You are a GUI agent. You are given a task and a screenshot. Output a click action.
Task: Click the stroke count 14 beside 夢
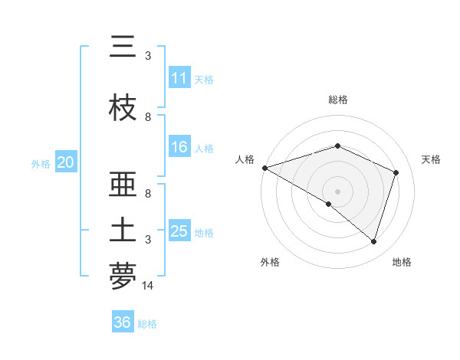tap(148, 285)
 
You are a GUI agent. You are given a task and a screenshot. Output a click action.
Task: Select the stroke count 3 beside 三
tap(148, 56)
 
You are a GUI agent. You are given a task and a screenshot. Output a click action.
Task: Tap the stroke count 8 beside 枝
tap(148, 117)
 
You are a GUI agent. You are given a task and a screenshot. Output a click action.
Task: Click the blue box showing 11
tap(179, 78)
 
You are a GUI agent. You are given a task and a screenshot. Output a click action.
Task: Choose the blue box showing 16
tap(179, 147)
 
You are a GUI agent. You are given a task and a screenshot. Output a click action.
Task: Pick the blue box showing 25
tap(179, 231)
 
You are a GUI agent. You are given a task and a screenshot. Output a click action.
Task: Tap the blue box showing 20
tap(65, 162)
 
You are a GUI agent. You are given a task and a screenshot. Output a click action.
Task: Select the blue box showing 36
tap(122, 322)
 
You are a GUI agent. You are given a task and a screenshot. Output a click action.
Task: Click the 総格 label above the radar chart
tap(338, 100)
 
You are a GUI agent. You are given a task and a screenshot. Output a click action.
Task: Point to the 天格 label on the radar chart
tap(431, 159)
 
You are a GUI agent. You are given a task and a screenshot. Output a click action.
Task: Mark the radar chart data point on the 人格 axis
tap(264, 168)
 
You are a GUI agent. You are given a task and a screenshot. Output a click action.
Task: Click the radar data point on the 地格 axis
tap(373, 242)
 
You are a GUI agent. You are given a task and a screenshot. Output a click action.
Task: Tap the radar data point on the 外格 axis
tap(329, 205)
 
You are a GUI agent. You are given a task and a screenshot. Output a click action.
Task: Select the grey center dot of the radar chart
tap(337, 191)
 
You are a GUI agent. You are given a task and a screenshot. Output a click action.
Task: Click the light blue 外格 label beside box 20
tap(41, 163)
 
